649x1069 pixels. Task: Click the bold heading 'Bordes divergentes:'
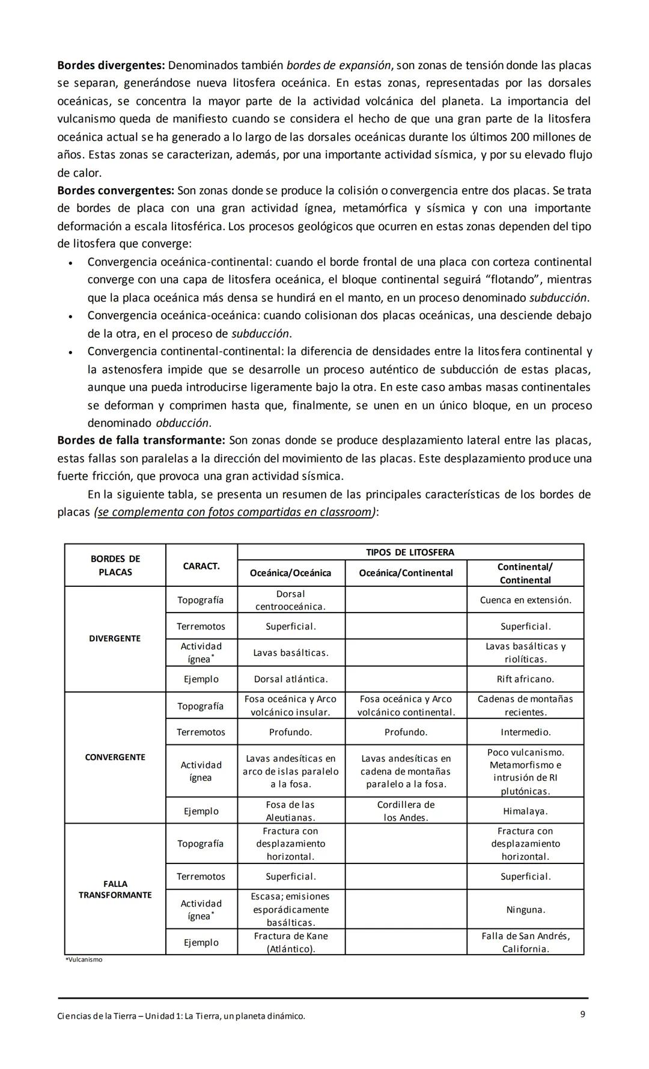point(111,65)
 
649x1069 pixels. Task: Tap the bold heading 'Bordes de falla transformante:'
point(141,441)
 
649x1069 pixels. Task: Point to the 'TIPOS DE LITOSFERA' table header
point(410,552)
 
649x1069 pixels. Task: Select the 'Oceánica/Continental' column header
point(406,573)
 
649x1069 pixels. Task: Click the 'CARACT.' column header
point(201,566)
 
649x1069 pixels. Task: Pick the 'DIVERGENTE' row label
point(115,639)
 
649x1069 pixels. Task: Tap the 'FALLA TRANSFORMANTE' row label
point(115,889)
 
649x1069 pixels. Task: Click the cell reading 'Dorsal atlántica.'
point(291,679)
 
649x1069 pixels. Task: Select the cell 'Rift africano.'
point(525,679)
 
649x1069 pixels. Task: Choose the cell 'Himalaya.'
point(525,811)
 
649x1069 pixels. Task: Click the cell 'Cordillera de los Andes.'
point(406,811)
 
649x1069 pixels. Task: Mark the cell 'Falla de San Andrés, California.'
point(525,942)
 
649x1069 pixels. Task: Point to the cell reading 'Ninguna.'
point(525,910)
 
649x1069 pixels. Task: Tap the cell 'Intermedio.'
point(525,732)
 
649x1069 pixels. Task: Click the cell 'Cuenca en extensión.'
point(525,600)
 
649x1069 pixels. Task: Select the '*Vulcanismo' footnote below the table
point(84,960)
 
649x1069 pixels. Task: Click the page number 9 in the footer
point(582,1014)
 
